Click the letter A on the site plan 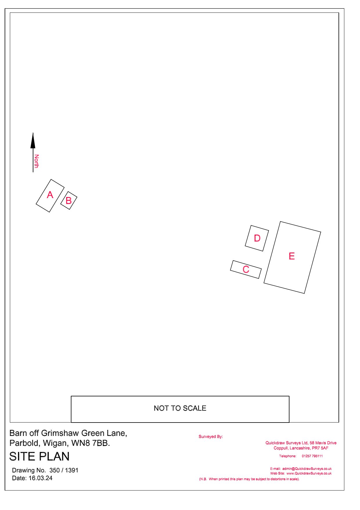[x=50, y=195]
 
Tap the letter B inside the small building [x=69, y=201]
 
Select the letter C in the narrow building [x=246, y=269]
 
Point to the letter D [x=257, y=238]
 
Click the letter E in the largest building [x=292, y=256]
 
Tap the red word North [x=36, y=161]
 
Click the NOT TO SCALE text [x=180, y=408]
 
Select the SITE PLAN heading [x=39, y=457]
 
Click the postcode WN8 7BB [x=91, y=443]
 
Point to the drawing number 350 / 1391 [x=64, y=470]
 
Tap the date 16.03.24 [x=40, y=478]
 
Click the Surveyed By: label [x=211, y=436]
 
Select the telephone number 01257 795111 [x=312, y=456]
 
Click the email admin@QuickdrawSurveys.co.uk [x=307, y=469]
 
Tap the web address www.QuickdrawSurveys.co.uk [x=309, y=473]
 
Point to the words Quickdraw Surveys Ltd [x=287, y=443]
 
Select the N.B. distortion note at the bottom [x=249, y=479]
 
